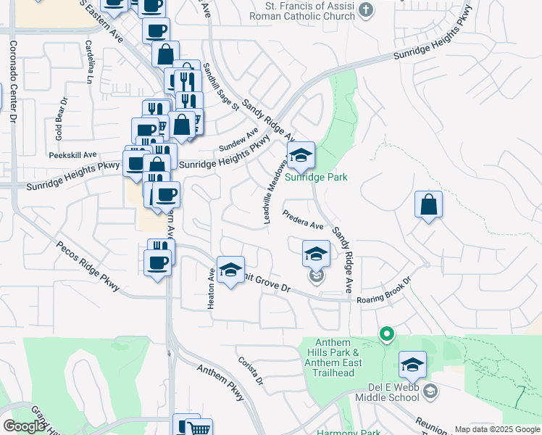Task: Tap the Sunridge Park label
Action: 316,177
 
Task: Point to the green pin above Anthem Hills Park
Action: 387,334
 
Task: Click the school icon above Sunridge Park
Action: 301,154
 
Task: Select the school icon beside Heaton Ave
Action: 230,271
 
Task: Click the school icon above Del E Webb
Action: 412,365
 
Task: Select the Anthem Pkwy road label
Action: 221,382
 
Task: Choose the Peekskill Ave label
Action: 72,154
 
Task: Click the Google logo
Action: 24,426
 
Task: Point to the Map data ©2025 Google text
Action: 496,429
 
